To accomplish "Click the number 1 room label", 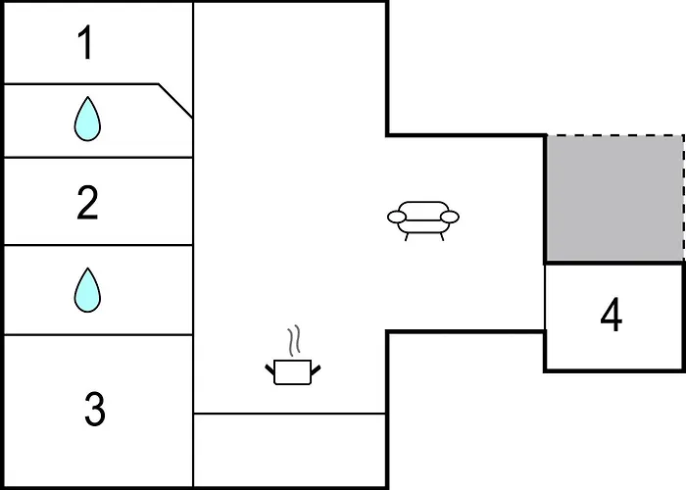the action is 86,42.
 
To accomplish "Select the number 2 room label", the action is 87,203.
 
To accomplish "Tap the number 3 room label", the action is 95,409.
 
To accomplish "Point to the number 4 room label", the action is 612,315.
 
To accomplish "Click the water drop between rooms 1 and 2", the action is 87,119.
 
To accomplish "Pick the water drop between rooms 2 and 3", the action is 87,290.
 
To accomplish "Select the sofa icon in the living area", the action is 423,220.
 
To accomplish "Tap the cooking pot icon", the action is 293,371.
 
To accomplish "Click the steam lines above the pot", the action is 294,340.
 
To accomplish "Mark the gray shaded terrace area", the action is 614,198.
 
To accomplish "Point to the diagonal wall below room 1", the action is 175,101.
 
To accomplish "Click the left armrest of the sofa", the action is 397,217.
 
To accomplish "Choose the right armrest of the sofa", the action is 450,217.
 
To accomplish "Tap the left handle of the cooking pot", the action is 269,369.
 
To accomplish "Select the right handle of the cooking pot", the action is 316,369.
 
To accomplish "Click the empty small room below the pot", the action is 290,450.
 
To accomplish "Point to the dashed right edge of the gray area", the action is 684,198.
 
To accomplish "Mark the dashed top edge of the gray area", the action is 614,135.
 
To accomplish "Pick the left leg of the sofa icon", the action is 407,237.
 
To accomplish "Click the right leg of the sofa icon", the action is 441,237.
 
